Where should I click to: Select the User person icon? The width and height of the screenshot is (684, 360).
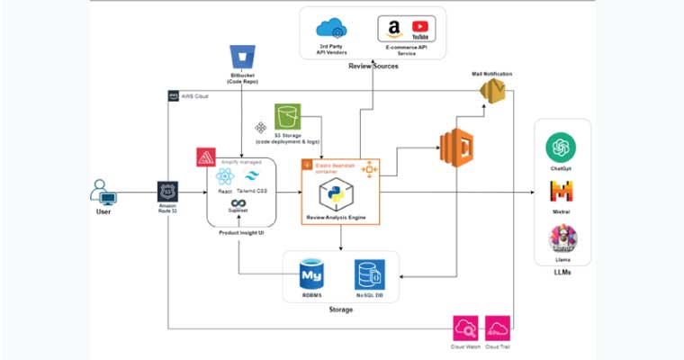103,192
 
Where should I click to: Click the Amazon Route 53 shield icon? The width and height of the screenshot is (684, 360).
167,192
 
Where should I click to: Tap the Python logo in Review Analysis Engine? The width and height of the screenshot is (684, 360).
341,193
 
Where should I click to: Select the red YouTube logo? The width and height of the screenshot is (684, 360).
419,29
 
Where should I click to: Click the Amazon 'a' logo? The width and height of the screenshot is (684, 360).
393,29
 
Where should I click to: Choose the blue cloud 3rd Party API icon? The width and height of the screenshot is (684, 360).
330,29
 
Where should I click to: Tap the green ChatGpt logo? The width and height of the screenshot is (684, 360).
562,146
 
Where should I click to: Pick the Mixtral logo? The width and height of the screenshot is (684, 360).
562,191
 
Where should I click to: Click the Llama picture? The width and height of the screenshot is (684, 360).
562,237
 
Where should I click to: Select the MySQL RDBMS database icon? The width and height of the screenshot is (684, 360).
310,273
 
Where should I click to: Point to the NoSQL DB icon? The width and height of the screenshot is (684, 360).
369,274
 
